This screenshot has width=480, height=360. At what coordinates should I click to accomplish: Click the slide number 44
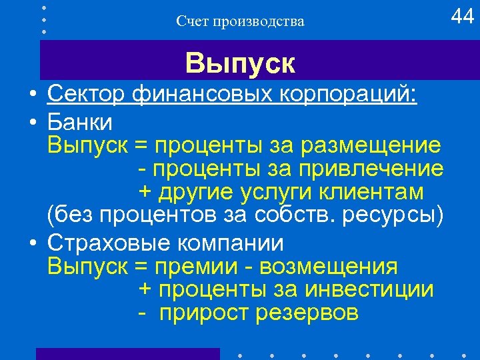tap(462, 17)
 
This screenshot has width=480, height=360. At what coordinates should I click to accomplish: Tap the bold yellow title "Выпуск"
tap(240, 64)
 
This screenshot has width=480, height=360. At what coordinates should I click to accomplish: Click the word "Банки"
tap(80, 123)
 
